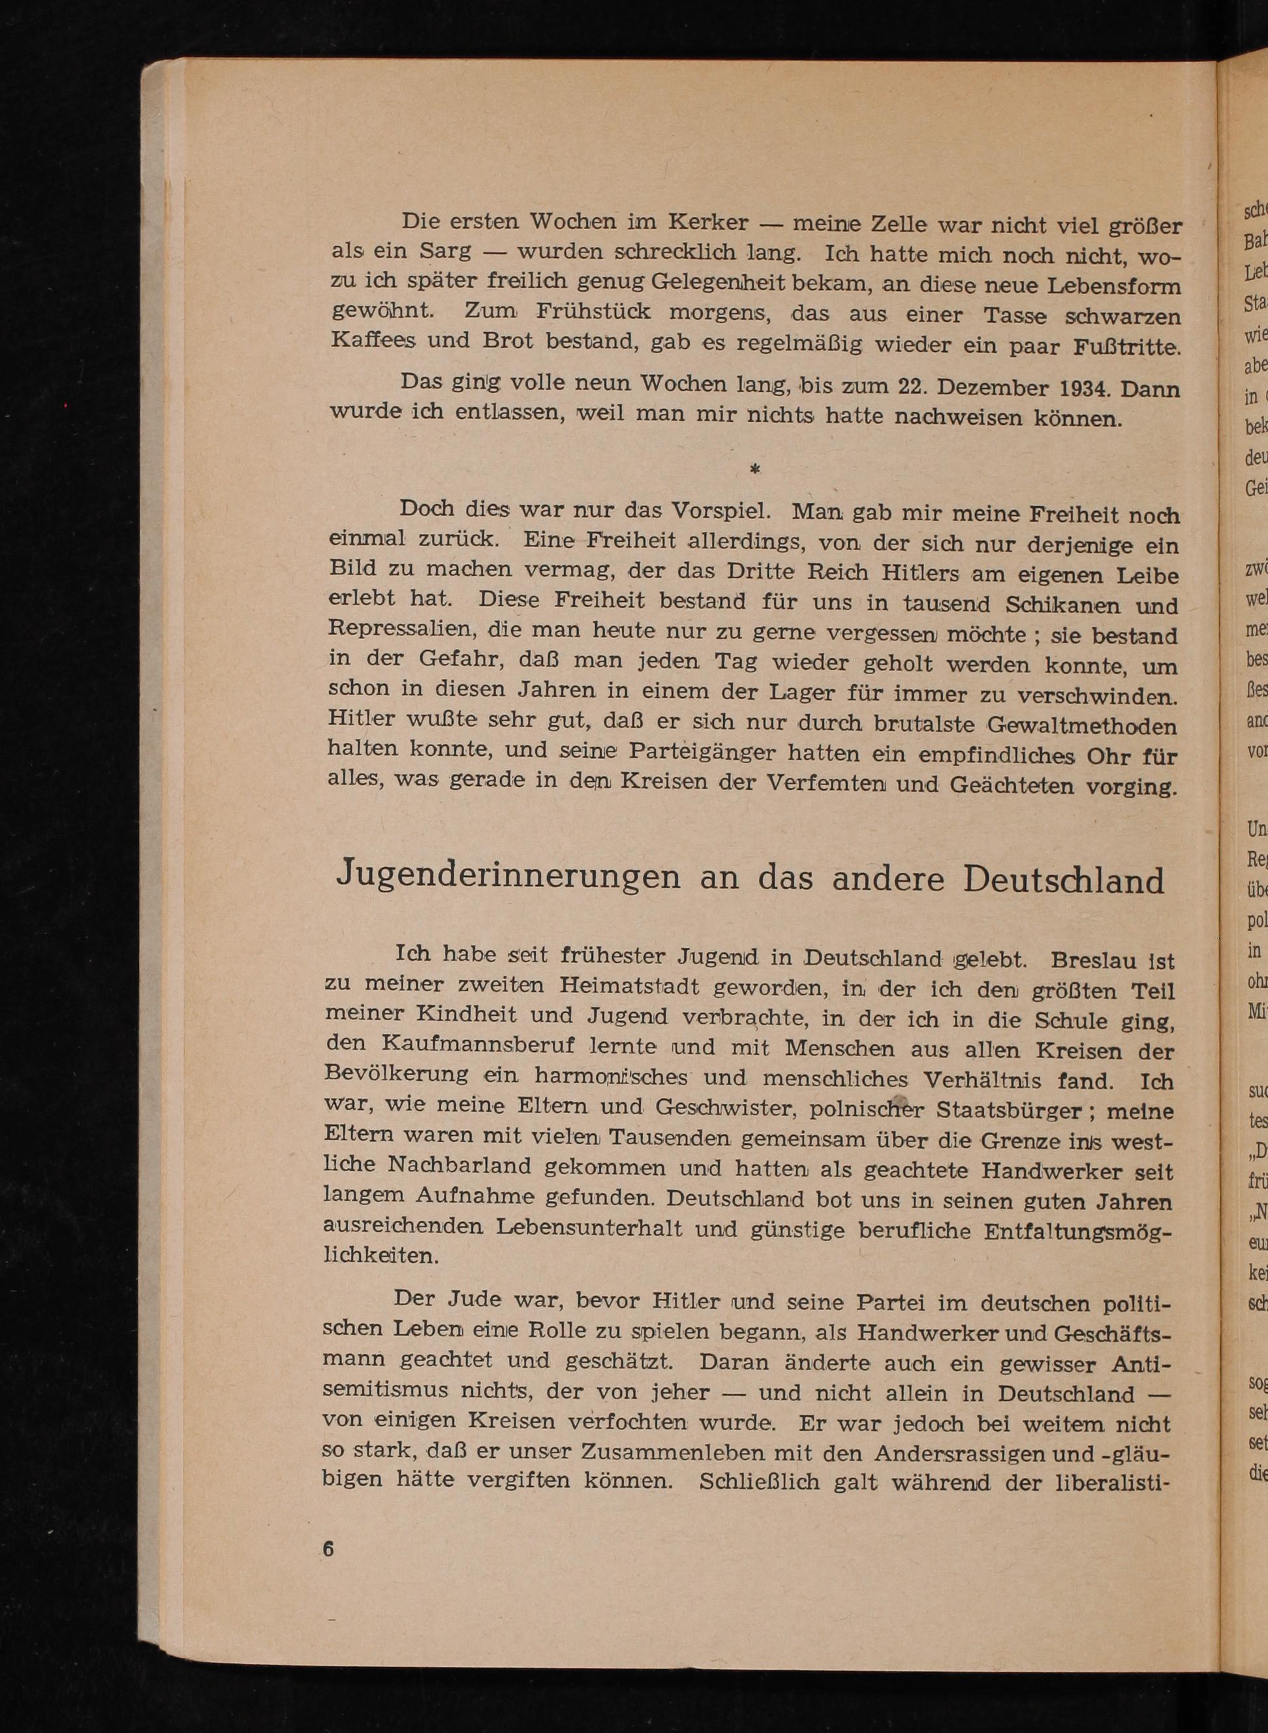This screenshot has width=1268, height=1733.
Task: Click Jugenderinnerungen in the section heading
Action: coord(508,876)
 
